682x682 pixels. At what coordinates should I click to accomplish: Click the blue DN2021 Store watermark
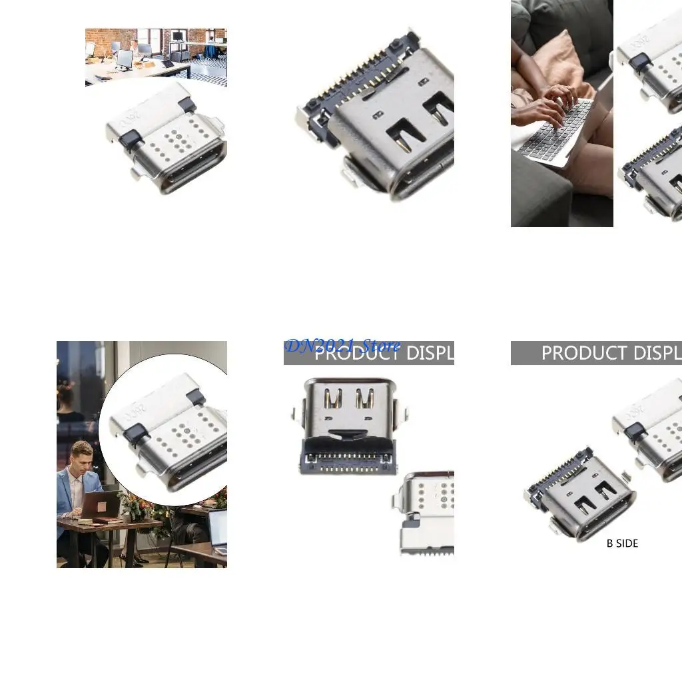coord(342,346)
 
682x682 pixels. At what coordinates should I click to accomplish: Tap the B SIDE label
coord(622,543)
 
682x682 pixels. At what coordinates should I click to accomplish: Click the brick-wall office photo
coord(156,57)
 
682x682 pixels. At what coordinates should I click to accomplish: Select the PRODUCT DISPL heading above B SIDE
coord(609,352)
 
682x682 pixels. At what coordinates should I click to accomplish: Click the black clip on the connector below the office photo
coord(131,139)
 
